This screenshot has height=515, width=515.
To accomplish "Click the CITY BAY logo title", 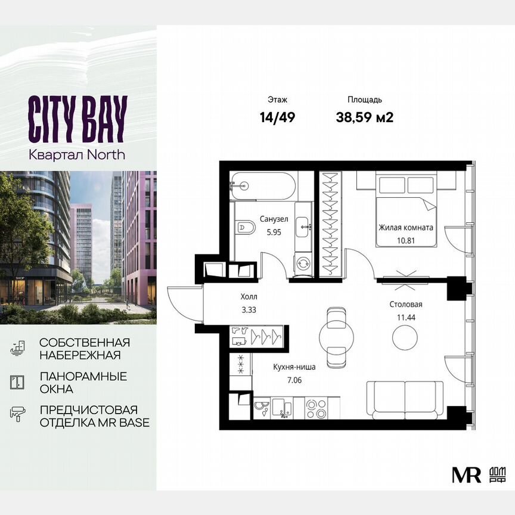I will (x=77, y=119).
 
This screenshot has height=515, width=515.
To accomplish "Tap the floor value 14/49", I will (x=277, y=117).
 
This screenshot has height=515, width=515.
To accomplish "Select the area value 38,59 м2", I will (x=365, y=117).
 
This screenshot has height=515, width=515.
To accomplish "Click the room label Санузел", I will (x=274, y=219).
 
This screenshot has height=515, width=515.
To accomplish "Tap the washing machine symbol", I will (x=302, y=263).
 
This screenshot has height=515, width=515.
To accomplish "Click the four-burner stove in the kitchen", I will (x=317, y=408).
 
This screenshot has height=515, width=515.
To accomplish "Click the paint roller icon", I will (x=17, y=414).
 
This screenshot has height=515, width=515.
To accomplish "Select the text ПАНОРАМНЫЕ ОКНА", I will (x=83, y=383).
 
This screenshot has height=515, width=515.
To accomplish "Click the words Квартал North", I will (x=77, y=154).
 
